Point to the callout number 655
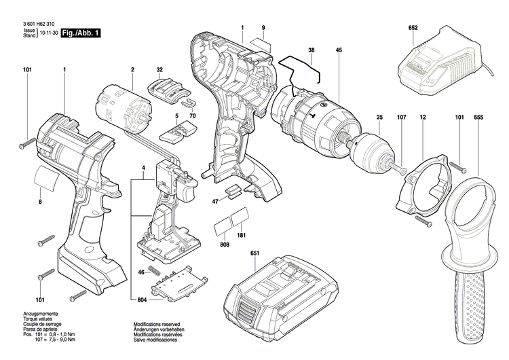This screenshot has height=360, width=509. tap(478, 119)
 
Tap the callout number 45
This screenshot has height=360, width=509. tap(339, 49)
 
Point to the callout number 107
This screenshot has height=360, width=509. tap(401, 119)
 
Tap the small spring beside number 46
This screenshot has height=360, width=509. tap(154, 272)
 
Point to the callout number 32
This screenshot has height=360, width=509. tap(159, 70)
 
